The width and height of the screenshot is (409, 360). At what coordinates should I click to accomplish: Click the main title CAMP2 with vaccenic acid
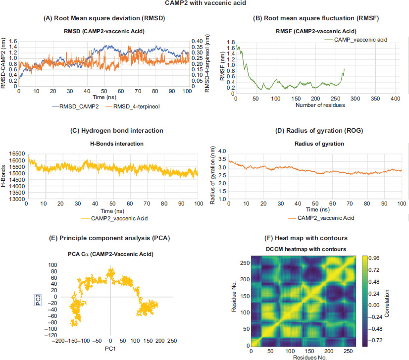204,3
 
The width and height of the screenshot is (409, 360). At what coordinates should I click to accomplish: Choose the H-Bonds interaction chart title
104,144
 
